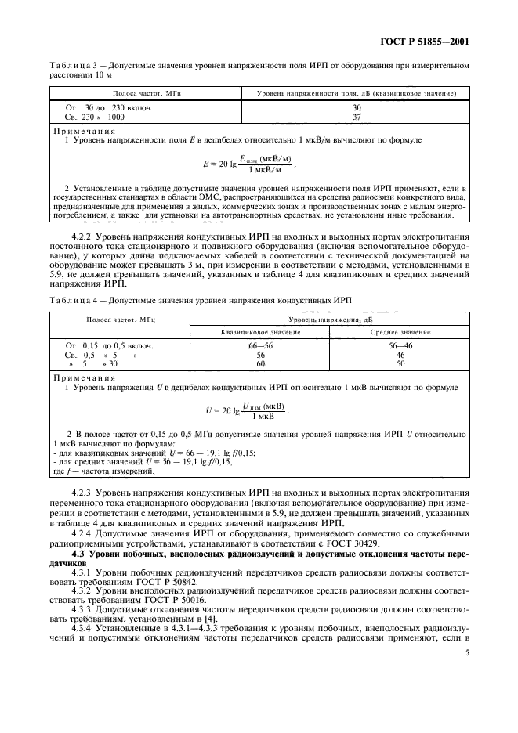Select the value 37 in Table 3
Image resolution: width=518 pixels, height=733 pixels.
coord(357,117)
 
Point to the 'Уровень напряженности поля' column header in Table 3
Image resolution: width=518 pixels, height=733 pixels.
coord(357,93)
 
